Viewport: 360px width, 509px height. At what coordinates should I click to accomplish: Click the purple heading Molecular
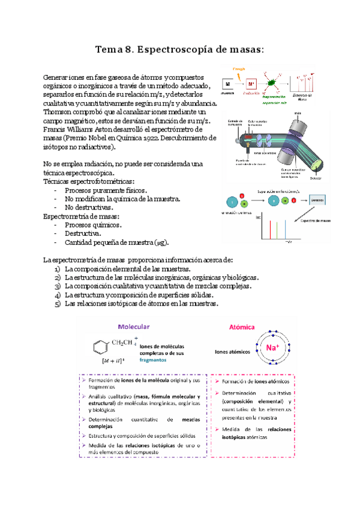tap(134, 327)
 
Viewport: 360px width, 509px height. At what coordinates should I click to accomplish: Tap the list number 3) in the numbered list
tap(58, 286)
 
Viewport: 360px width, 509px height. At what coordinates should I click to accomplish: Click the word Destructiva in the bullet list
tap(82, 233)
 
